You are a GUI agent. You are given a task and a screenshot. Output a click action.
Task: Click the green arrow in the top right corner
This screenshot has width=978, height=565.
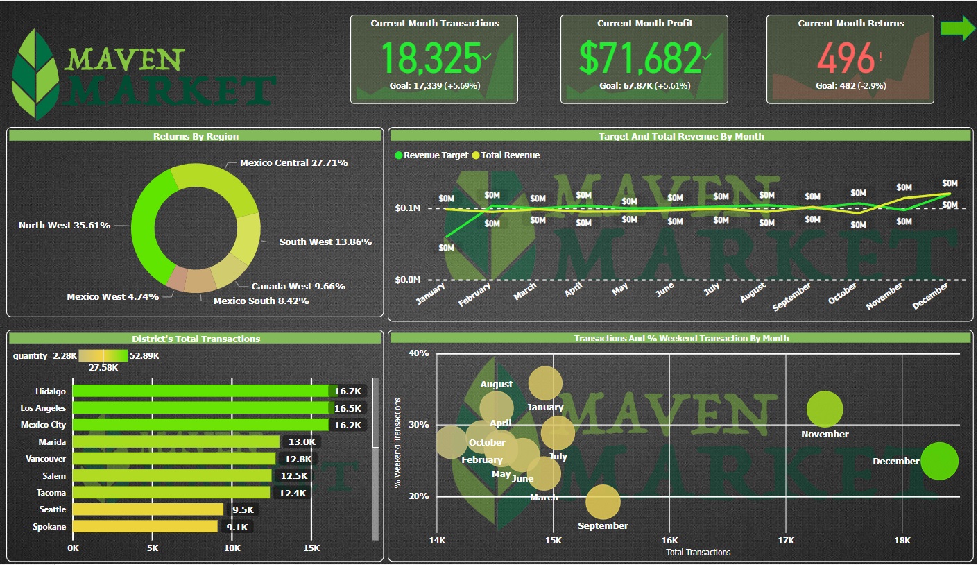click(958, 28)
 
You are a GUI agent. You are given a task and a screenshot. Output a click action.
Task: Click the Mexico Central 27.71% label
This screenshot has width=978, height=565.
click(293, 162)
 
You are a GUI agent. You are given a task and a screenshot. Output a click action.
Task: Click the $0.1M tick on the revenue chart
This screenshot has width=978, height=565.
click(408, 208)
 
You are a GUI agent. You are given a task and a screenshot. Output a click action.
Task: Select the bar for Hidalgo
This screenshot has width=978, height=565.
click(201, 391)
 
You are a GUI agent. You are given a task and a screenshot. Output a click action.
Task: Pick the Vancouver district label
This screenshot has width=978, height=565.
click(46, 459)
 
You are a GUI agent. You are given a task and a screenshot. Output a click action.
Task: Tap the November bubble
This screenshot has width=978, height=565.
click(825, 409)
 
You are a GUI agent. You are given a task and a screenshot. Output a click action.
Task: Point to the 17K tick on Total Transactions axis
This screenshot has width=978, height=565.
click(786, 540)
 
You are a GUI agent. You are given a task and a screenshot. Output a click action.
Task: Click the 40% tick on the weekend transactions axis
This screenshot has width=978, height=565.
click(419, 353)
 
